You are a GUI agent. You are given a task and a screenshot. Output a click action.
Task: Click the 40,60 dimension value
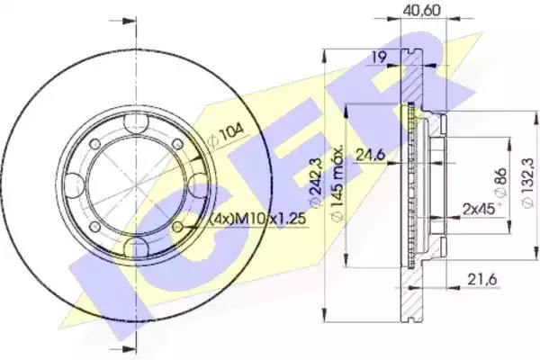421,10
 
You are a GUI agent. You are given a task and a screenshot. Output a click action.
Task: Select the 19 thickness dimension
379,57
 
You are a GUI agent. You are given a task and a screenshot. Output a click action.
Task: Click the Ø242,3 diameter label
316,183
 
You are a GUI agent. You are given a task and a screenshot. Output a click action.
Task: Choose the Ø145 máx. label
336,182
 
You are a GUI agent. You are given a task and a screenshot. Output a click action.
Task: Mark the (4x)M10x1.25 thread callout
257,219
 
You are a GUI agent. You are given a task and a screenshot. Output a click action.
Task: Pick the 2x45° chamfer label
479,209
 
